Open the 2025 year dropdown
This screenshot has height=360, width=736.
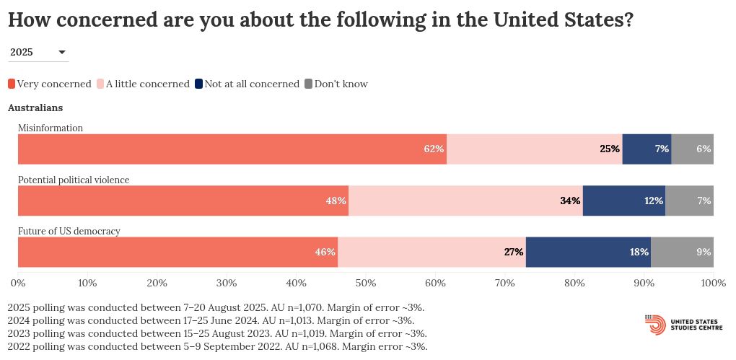click(x=38, y=52)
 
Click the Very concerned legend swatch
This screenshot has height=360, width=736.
click(x=12, y=84)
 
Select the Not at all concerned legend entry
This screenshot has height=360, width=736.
click(x=247, y=84)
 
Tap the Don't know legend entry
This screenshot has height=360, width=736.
click(x=336, y=84)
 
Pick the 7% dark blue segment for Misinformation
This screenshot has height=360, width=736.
click(x=647, y=149)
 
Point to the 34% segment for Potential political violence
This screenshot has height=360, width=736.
click(x=465, y=201)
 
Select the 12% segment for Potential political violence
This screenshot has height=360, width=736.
click(x=624, y=201)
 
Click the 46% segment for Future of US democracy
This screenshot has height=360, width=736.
click(x=178, y=252)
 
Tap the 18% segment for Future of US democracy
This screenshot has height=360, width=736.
click(x=588, y=252)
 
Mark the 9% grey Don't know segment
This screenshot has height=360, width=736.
click(x=682, y=252)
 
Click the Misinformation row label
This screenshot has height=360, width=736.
click(x=51, y=128)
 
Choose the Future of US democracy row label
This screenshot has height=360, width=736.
click(x=69, y=231)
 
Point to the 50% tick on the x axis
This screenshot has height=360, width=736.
click(x=366, y=283)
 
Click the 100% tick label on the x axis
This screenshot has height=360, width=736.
click(x=713, y=283)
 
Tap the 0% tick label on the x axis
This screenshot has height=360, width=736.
click(x=18, y=283)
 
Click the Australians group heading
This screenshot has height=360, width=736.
click(x=35, y=107)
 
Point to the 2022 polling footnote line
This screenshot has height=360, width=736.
click(x=217, y=346)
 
